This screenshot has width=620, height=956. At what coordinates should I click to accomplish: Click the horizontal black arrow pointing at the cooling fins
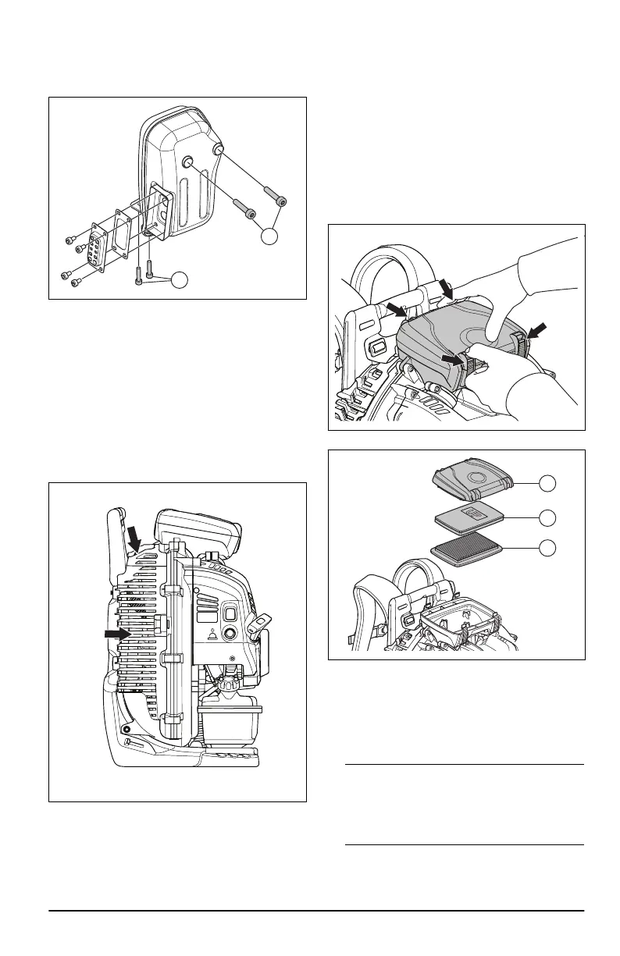(x=119, y=634)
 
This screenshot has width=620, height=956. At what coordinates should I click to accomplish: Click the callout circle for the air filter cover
(x=549, y=483)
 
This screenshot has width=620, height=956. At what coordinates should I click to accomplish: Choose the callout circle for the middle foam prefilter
(x=549, y=517)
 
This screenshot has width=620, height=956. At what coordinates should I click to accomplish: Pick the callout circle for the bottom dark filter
(x=549, y=549)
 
